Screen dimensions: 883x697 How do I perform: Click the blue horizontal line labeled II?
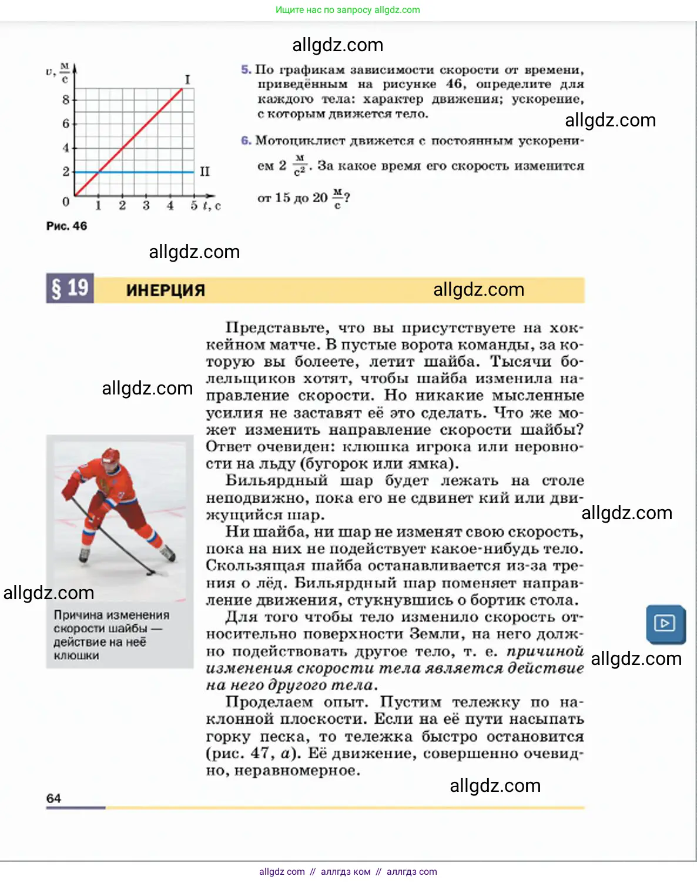(x=147, y=172)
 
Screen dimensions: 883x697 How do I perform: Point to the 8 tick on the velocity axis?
(x=66, y=99)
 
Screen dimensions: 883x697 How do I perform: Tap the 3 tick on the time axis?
(x=146, y=206)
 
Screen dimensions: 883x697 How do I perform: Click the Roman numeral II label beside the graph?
(x=205, y=172)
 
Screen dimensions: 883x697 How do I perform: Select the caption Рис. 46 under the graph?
(x=66, y=226)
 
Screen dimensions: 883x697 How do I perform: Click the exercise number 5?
(x=246, y=70)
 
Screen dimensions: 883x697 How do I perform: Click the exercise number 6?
(x=246, y=141)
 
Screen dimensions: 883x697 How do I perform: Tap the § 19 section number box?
(x=70, y=289)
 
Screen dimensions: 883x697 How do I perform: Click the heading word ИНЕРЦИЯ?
(x=165, y=290)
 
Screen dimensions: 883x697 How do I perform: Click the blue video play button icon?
(x=665, y=623)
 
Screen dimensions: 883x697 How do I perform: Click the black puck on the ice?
(x=151, y=572)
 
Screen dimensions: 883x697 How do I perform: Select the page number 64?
(x=53, y=798)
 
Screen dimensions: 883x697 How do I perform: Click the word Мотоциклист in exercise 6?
(x=300, y=141)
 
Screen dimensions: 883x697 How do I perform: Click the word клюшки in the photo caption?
(x=76, y=655)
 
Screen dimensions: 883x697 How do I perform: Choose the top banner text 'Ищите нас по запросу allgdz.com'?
(x=348, y=10)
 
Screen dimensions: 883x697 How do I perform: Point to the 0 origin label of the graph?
(x=66, y=202)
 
